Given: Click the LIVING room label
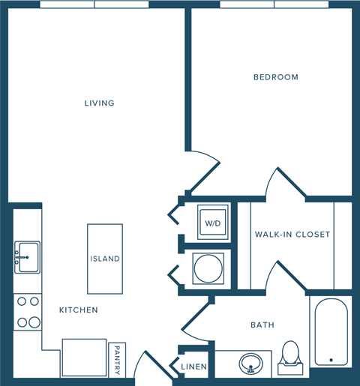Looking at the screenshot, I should coord(99,103).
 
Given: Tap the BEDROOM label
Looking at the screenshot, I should coord(275,77).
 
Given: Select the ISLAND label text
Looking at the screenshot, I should coord(105,259).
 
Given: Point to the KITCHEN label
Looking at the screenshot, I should coord(79,310).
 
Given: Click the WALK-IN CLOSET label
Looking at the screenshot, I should coord(292,235).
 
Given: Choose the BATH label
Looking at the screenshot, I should coord(262,325).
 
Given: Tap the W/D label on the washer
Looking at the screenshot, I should coord(212,223).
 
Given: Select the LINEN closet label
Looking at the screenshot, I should coord(194,366).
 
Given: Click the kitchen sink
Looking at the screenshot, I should coord(27,256).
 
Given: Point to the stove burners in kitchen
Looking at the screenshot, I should coord(28,312).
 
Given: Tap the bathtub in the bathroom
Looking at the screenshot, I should coord(329,331).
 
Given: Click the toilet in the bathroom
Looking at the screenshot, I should coord(290,358).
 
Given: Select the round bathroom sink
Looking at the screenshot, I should coord(250,364).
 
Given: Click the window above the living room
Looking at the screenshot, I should coord(94,4).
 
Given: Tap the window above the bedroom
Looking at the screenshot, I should coord(274,4).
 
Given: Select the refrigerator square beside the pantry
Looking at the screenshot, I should coord(84,357).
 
